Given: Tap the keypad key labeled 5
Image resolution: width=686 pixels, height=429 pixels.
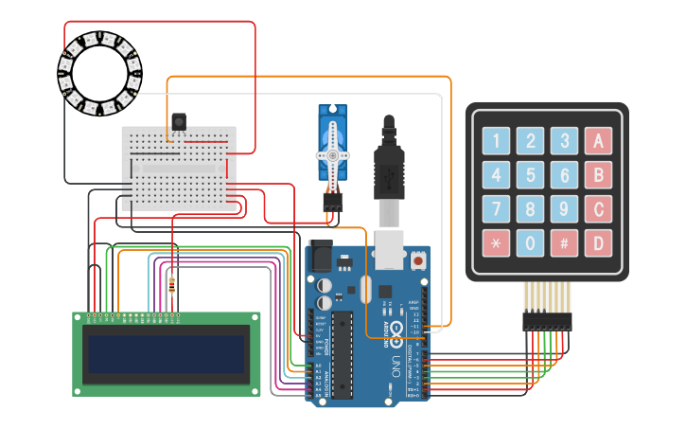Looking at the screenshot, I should click(x=531, y=175).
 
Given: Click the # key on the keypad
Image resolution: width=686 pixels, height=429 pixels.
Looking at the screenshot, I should click(x=564, y=243).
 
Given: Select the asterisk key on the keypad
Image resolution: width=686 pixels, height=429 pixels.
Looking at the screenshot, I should click(x=497, y=243).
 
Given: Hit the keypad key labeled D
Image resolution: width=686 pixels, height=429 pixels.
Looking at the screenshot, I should click(x=598, y=243).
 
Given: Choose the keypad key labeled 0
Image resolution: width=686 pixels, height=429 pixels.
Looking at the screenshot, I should click(x=531, y=243).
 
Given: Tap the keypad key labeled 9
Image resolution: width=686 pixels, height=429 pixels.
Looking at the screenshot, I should click(x=564, y=209).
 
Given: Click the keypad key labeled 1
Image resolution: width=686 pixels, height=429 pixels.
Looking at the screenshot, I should click(x=497, y=141).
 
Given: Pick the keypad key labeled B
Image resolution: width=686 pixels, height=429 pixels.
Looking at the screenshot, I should click(x=598, y=175).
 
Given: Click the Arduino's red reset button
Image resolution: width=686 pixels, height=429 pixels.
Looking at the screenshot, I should click(x=417, y=259).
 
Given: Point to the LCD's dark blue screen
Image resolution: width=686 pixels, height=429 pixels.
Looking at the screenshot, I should click(x=167, y=353).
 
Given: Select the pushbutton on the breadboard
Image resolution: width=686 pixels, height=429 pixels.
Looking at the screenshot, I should click(x=178, y=121).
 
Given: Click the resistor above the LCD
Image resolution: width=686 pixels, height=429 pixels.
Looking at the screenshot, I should click(x=171, y=283).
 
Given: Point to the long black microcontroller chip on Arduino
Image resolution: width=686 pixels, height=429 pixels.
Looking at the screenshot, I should click(x=342, y=351).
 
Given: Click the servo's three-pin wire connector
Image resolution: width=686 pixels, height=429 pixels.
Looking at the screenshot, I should click(x=331, y=202).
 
